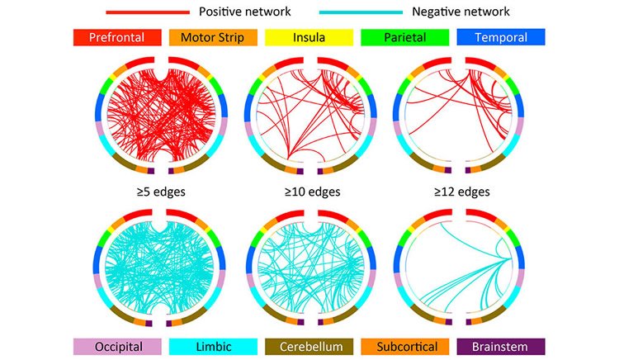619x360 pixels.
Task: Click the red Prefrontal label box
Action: pos(117,37)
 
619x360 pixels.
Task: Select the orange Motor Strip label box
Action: pos(213,37)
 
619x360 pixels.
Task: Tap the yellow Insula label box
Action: pos(309,37)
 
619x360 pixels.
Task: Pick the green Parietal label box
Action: pos(405,37)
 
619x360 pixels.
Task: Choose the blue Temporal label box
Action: pos(501,37)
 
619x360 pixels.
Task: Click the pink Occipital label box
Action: pos(117,347)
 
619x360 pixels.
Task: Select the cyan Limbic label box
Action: pos(213,347)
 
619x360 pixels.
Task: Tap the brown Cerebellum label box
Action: pos(309,347)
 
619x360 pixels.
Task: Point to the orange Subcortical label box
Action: pos(405,347)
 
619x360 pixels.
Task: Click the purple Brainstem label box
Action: pos(501,347)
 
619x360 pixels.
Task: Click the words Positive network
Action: pos(245,12)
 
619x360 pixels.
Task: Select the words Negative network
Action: pos(461,12)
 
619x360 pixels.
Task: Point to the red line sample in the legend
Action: pos(148,12)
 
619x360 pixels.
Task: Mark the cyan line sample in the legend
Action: pos(361,12)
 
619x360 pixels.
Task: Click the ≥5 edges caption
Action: pos(161,192)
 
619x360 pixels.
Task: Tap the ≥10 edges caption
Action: pos(312,192)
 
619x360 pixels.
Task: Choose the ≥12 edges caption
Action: pos(462,192)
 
